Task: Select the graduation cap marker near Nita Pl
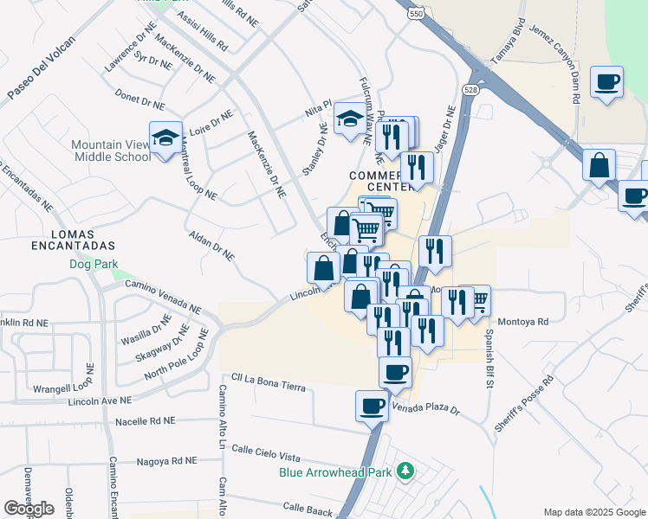tap(349, 121)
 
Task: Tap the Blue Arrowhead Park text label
tap(336, 473)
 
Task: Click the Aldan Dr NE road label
tap(211, 245)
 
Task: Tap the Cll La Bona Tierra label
tap(269, 382)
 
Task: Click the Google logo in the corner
tap(29, 509)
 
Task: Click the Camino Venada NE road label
tap(163, 297)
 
